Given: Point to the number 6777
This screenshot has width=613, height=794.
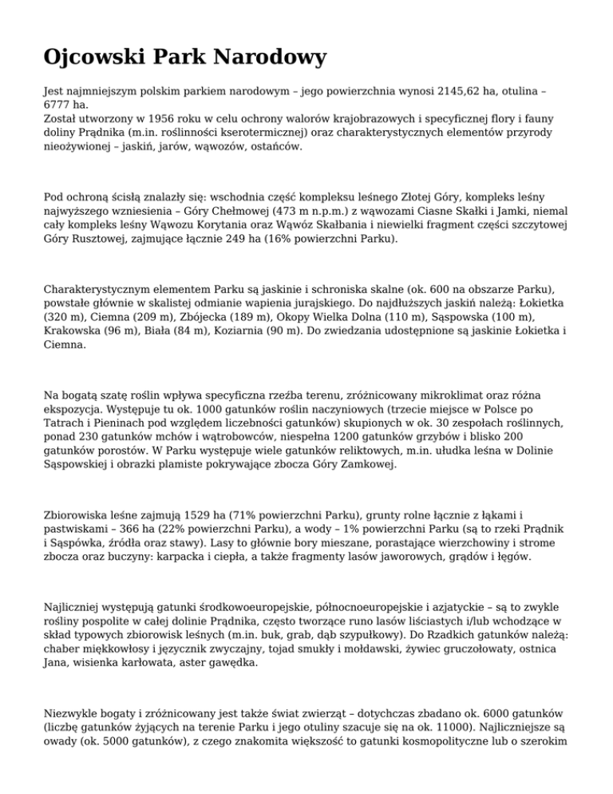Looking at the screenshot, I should point(57,105).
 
